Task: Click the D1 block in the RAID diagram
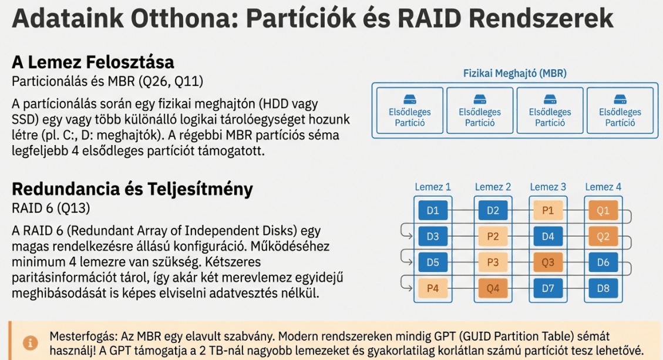433,210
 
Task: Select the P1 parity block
547,210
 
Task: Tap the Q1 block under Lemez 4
603,210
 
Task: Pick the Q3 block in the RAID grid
547,263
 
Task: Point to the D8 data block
603,288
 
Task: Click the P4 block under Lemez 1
433,288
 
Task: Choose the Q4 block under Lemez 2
493,288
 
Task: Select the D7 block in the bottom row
547,288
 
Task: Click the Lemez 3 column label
547,187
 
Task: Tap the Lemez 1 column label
433,187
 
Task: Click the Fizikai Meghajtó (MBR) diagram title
514,73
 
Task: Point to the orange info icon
31,342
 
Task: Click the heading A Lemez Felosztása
93,62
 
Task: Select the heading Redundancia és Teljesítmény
132,189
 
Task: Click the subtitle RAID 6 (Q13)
51,208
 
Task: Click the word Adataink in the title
68,18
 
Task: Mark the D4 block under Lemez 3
547,237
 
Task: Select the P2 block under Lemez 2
493,237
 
